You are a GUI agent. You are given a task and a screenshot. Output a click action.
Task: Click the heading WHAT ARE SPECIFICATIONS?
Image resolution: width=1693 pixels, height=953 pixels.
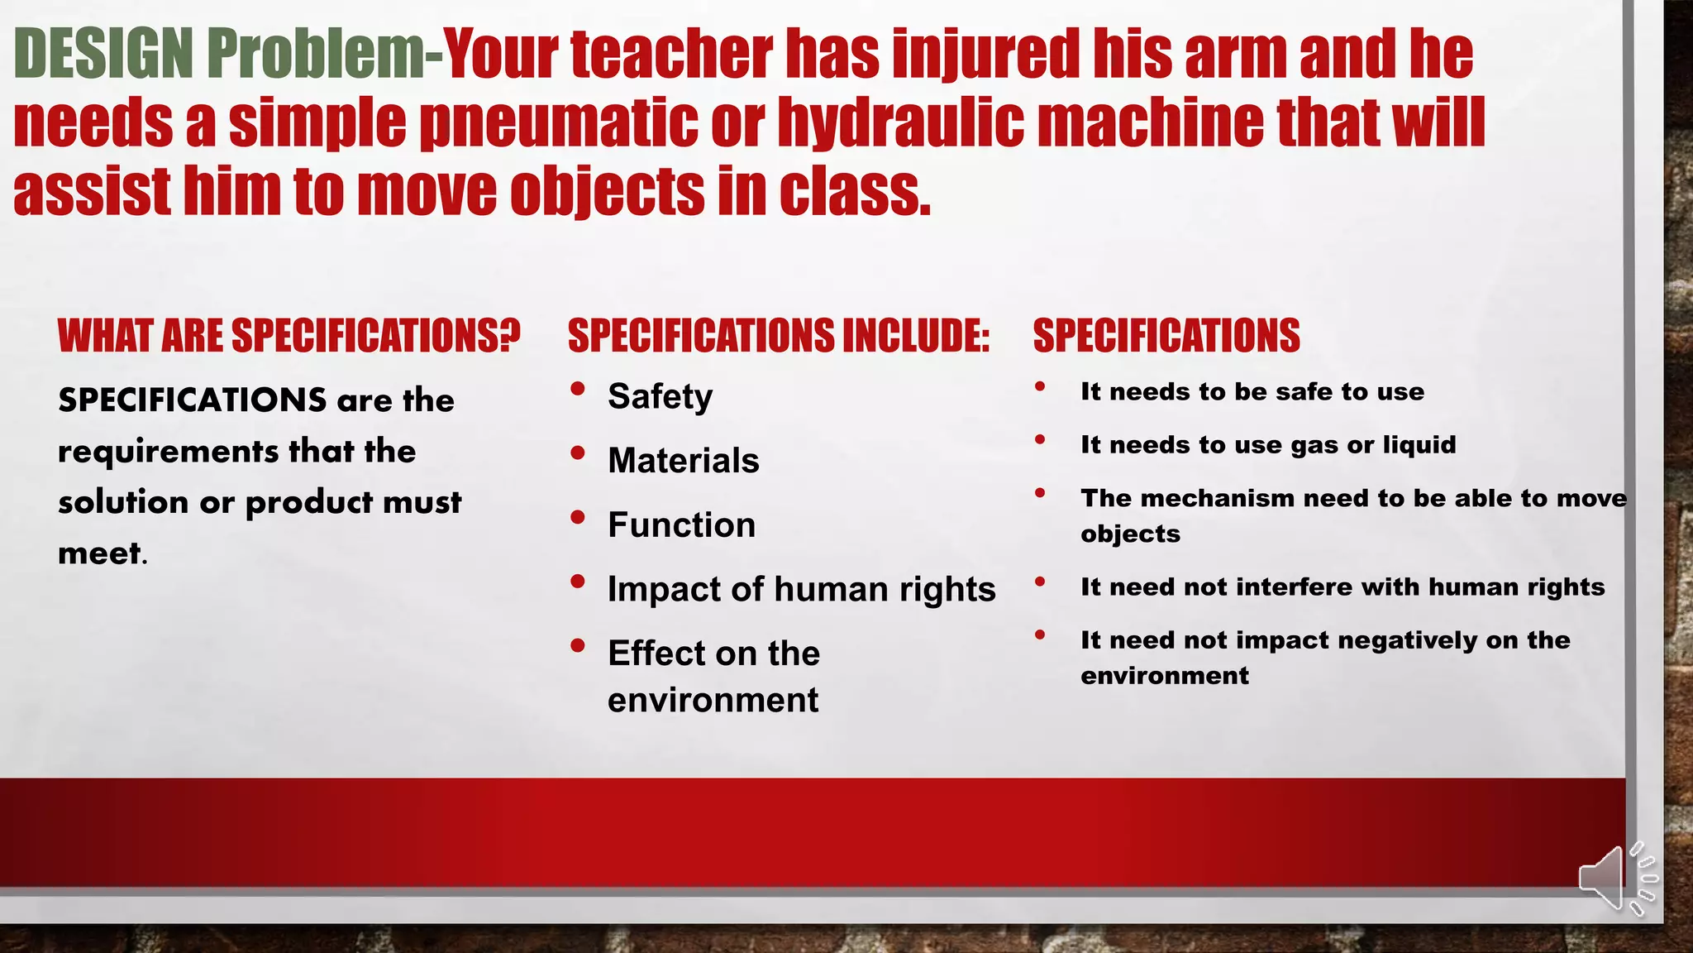289,336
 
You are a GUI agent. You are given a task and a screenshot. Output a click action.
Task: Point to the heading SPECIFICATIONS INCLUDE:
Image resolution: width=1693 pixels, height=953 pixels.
778,336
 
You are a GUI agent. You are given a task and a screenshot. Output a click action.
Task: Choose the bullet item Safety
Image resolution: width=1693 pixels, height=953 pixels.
660,396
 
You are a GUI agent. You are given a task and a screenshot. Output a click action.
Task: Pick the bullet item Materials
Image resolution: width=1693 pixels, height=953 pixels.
683,461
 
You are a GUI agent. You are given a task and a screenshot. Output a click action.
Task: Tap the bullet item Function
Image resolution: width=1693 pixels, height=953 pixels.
681,525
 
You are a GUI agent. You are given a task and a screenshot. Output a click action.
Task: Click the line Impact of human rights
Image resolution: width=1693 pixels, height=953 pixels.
801,589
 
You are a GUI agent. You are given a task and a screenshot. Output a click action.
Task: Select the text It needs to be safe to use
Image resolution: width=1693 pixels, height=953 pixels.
1252,391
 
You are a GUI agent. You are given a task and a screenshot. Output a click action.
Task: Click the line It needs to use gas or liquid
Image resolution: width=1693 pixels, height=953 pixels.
1267,445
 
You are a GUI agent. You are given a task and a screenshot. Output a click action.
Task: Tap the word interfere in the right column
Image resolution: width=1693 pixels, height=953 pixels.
1295,587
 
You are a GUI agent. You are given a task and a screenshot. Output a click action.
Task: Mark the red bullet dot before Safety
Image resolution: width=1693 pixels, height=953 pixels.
578,388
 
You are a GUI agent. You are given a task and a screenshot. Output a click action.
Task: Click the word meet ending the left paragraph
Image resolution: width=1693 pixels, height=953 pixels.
99,553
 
